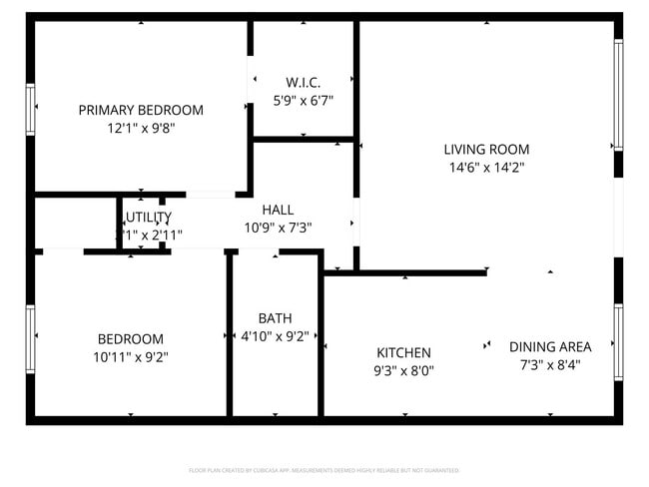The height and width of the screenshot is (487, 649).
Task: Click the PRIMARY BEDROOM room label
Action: [x=141, y=110]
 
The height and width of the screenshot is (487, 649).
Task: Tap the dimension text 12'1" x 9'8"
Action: [x=141, y=128]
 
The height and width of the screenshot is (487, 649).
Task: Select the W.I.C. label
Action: [x=303, y=82]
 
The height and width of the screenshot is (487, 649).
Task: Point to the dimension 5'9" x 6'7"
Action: [x=303, y=100]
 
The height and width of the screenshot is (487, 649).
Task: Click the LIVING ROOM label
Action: [x=486, y=150]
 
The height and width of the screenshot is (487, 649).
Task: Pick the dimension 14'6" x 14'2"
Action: [x=486, y=168]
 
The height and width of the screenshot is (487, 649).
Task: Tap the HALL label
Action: [x=278, y=210]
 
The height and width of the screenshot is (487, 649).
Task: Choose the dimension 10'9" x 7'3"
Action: [x=278, y=228]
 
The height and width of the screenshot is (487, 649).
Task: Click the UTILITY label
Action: [x=148, y=217]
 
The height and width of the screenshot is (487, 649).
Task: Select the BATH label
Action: [x=275, y=318]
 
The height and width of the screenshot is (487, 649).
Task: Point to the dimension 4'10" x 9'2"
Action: [x=275, y=336]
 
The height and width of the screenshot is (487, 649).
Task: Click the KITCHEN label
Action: [x=403, y=352]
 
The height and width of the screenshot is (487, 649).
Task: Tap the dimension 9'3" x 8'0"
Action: [x=403, y=370]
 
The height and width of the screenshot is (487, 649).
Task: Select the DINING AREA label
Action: [x=550, y=346]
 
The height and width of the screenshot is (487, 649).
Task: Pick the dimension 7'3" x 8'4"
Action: [x=550, y=364]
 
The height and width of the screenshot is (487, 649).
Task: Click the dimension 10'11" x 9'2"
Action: [x=130, y=356]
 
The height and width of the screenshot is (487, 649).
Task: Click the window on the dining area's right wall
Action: [x=618, y=341]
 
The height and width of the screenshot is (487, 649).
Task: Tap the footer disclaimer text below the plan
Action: [x=324, y=470]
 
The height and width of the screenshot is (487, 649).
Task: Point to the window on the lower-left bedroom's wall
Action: [x=31, y=337]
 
